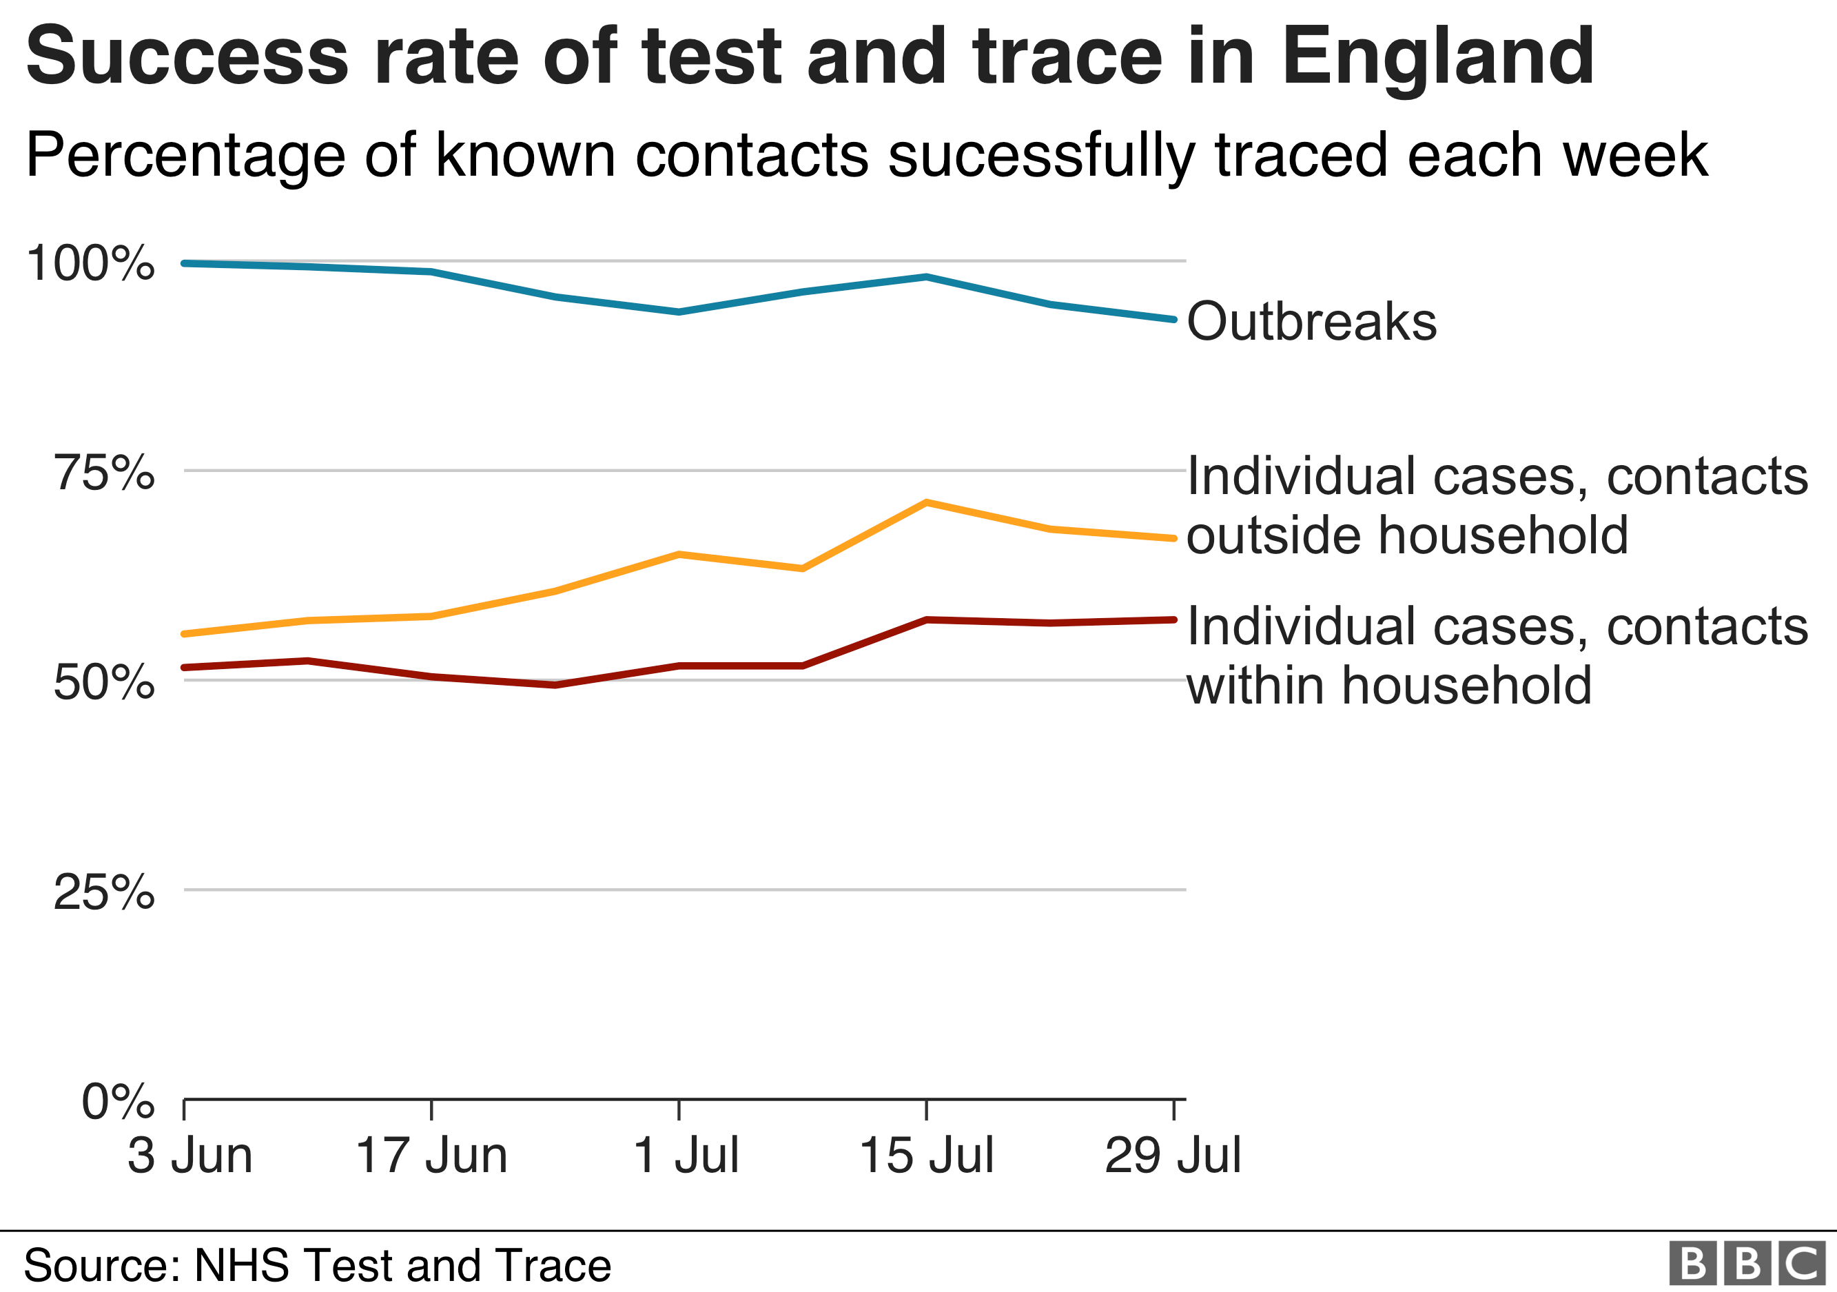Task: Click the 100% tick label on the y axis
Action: (x=90, y=263)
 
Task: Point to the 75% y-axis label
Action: (x=104, y=473)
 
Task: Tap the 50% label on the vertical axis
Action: (x=104, y=682)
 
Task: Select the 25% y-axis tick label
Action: (x=104, y=892)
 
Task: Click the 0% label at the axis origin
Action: (x=118, y=1102)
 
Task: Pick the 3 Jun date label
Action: (x=189, y=1156)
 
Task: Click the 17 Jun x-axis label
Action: (x=431, y=1156)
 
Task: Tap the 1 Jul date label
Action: (x=686, y=1156)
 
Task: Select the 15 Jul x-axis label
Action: (x=927, y=1156)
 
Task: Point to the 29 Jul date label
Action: (x=1173, y=1156)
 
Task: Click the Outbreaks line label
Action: (x=1311, y=322)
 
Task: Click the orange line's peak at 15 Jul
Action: (x=925, y=502)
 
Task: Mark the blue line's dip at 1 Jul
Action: (x=679, y=312)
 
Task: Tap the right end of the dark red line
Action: (x=1173, y=619)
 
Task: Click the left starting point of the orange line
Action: (x=185, y=634)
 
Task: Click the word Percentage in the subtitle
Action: (x=185, y=156)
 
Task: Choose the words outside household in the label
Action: (x=1406, y=535)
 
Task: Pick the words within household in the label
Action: (x=1389, y=686)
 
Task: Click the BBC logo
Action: (x=1747, y=1263)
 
